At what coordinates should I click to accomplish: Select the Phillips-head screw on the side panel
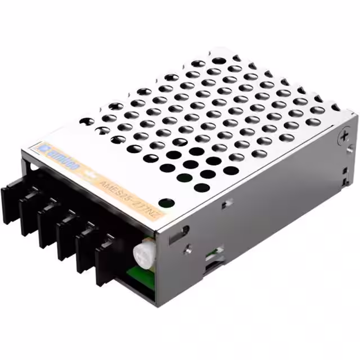(x=344, y=136)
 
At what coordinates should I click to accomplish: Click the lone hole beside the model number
(x=164, y=203)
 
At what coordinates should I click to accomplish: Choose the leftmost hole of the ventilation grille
(x=87, y=121)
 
